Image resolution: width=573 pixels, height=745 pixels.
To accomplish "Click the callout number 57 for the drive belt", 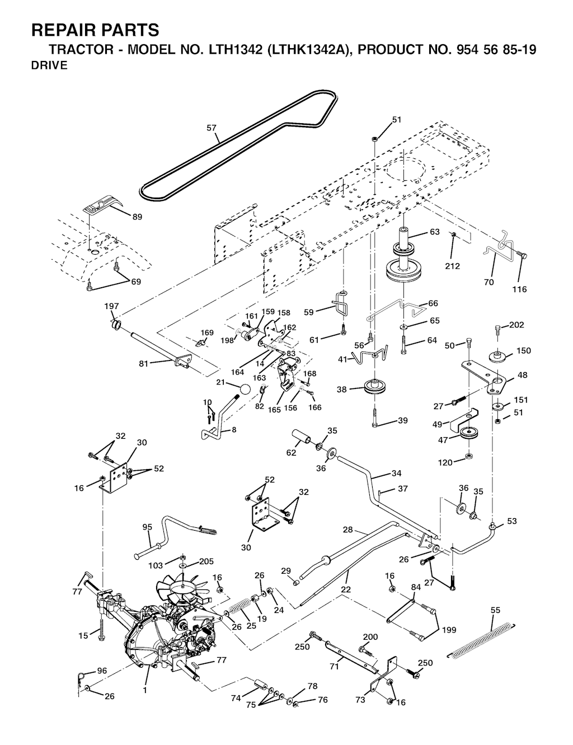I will tap(211, 128).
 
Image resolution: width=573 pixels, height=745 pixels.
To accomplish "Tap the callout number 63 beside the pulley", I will tap(435, 232).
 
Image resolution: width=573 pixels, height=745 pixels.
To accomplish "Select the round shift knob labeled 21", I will tap(245, 390).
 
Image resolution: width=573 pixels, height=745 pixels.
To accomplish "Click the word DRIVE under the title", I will tap(49, 65).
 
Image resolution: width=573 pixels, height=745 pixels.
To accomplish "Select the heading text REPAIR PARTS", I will tap(95, 29).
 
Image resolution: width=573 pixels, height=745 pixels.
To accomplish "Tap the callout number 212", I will tap(452, 266).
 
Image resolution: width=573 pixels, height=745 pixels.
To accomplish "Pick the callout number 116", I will tap(519, 289).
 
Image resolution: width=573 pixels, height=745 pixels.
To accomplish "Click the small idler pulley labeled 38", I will tap(370, 387).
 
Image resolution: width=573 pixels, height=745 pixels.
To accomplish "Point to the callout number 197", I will tap(112, 306).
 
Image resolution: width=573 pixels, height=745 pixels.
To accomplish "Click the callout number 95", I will tap(147, 527).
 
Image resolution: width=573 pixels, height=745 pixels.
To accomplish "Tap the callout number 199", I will tap(449, 630).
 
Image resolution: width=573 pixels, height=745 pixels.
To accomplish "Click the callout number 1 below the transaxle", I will tap(144, 690).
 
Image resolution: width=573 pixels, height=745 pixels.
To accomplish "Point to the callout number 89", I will tap(137, 218).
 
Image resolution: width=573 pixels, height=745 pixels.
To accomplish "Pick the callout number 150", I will tap(523, 351).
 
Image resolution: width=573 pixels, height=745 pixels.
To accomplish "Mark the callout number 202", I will tap(517, 325).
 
